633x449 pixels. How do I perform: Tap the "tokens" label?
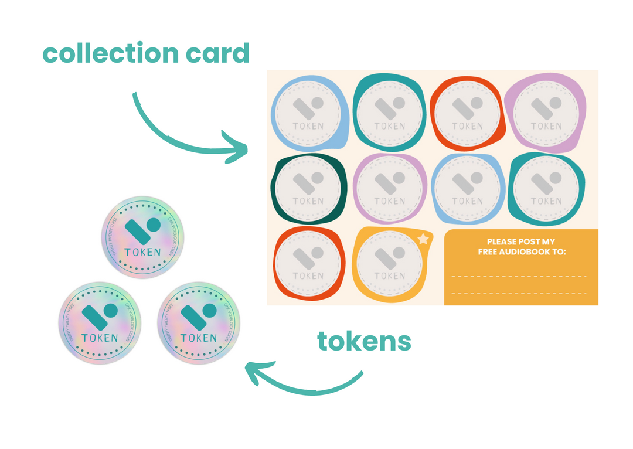pyautogui.click(x=364, y=341)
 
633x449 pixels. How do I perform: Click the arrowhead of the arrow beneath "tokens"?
pyautogui.click(x=253, y=373)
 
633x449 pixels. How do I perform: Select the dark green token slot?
pyautogui.click(x=308, y=188)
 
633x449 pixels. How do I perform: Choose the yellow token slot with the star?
pyautogui.click(x=390, y=263)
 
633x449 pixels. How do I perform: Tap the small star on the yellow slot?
pyautogui.click(x=423, y=239)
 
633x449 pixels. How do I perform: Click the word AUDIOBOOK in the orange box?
pyautogui.click(x=529, y=251)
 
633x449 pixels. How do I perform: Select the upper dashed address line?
pyautogui.click(x=519, y=275)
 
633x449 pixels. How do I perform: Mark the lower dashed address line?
pyautogui.click(x=519, y=293)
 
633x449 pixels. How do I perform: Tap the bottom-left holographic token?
pyautogui.click(x=100, y=323)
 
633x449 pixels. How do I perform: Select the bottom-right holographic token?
pyautogui.click(x=198, y=323)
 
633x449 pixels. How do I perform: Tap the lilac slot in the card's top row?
pyautogui.click(x=546, y=112)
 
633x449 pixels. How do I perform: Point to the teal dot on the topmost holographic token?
pyautogui.click(x=154, y=225)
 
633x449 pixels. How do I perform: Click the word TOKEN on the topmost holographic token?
pyautogui.click(x=142, y=253)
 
